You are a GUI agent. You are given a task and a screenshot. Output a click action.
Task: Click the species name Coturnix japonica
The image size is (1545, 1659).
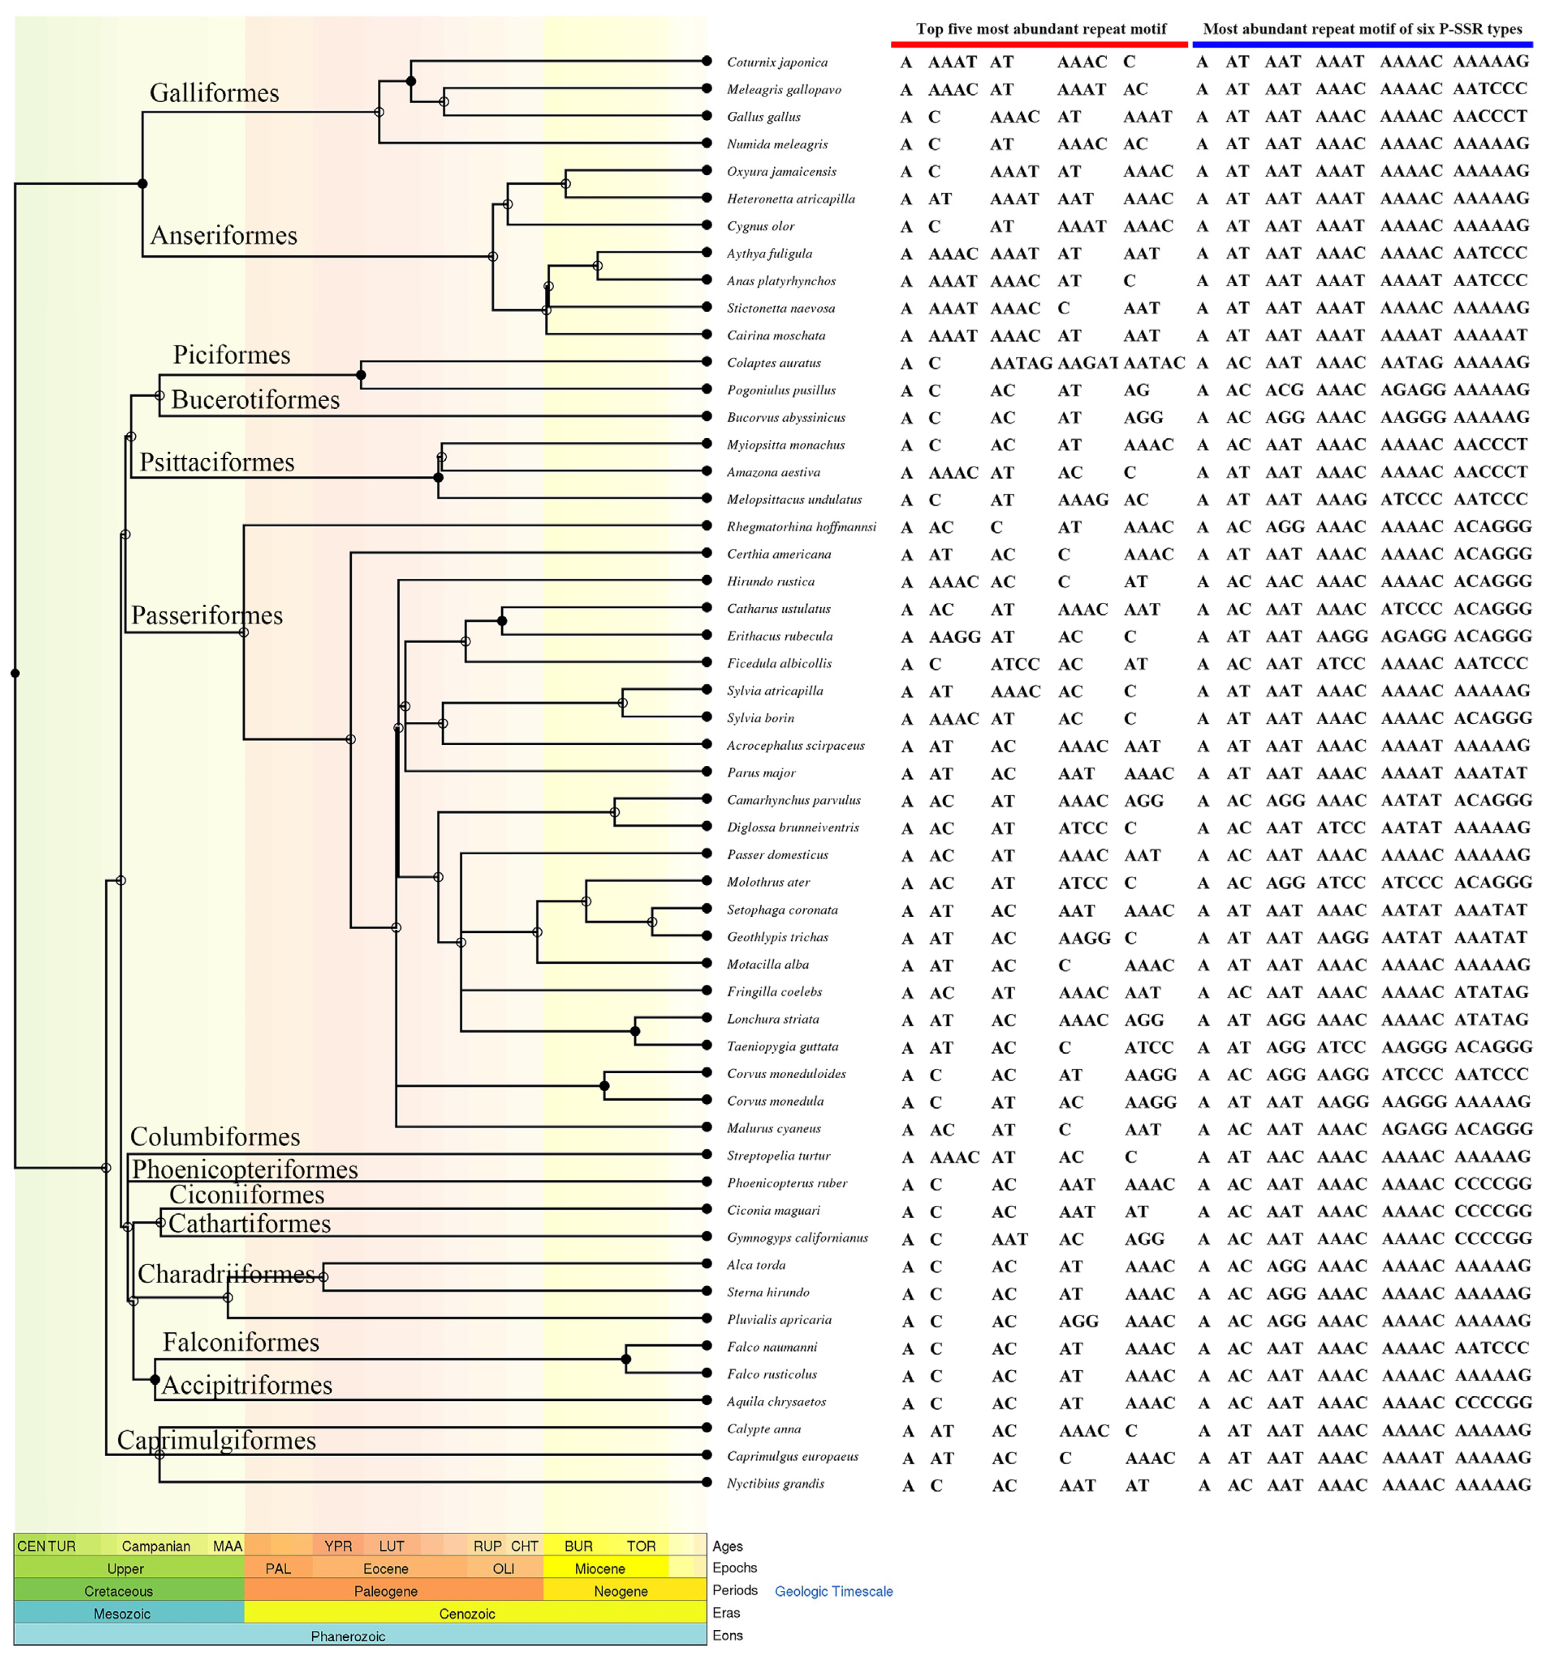776,62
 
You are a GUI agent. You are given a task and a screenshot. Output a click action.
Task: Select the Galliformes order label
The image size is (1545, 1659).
214,92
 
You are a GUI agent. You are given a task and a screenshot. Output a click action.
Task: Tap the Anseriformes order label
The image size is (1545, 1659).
223,235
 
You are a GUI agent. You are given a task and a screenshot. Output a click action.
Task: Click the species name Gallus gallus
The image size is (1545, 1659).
763,117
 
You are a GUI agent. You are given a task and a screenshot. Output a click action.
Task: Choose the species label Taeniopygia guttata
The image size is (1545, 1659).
781,1047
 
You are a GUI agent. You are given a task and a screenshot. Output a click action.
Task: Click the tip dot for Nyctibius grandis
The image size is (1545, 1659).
706,1482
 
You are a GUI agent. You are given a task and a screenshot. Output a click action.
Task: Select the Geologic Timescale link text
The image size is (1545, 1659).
833,1591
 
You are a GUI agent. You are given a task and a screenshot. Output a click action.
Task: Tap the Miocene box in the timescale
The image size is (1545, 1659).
599,1569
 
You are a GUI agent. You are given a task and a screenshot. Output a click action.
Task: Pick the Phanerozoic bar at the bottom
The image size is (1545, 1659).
348,1636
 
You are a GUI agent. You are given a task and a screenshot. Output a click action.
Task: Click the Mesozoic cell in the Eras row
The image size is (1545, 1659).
122,1614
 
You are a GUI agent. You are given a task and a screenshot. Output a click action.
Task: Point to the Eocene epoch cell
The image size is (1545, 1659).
386,1569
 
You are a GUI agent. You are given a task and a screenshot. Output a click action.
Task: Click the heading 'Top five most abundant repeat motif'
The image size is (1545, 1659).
1040,29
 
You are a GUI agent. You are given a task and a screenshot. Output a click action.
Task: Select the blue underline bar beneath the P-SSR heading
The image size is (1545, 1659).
1362,45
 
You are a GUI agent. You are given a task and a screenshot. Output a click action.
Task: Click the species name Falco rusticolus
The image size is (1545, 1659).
771,1373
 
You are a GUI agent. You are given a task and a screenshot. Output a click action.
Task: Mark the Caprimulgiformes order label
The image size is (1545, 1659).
216,1440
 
